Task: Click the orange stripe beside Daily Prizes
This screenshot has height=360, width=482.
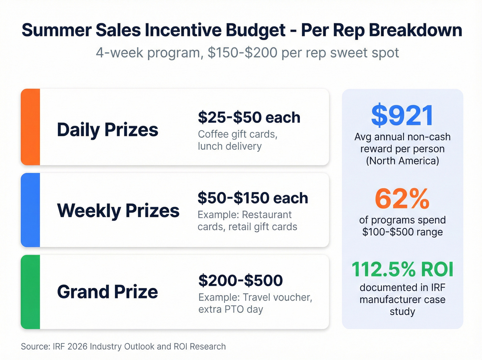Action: pos(30,127)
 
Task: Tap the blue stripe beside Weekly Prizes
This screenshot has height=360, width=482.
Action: pos(30,210)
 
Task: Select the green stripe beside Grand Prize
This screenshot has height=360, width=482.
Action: pos(30,292)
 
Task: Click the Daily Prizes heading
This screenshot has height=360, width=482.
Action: pos(107,130)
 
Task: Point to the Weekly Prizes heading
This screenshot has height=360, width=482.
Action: pos(118,210)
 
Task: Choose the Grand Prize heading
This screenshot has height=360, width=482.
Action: pos(107,292)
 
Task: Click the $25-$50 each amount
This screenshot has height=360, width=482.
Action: pos(249,117)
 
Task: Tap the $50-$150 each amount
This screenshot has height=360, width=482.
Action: pos(253,198)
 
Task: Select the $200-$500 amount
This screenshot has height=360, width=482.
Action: pos(240,280)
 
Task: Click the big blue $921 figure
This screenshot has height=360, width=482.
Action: pos(402,115)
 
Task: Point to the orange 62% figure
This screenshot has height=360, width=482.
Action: pos(402,199)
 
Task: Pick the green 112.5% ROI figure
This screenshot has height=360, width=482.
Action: pos(402,269)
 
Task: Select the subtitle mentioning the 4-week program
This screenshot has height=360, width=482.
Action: pos(247,53)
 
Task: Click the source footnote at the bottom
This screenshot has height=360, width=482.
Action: pos(123,347)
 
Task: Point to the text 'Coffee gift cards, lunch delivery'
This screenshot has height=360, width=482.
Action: pos(238,140)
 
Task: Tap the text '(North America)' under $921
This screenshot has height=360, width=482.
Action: pos(402,161)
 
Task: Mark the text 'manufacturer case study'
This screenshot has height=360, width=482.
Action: pos(402,305)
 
